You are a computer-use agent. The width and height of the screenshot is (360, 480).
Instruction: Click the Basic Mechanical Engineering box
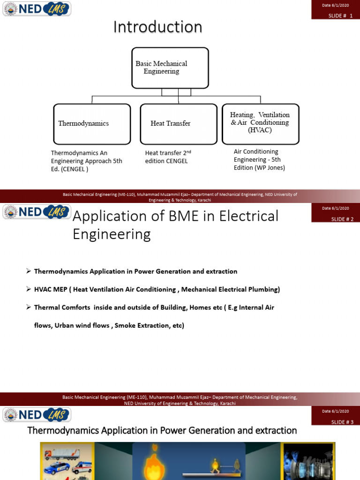[163, 67]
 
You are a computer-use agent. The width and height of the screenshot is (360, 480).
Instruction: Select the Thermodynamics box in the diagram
[92, 124]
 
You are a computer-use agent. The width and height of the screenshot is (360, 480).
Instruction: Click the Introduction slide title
[157, 27]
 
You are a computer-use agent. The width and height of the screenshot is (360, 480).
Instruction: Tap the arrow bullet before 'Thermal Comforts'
[29, 307]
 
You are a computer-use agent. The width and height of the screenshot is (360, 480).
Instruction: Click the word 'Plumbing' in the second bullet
[263, 290]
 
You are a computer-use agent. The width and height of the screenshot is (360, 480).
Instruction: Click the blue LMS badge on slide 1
[56, 8]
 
